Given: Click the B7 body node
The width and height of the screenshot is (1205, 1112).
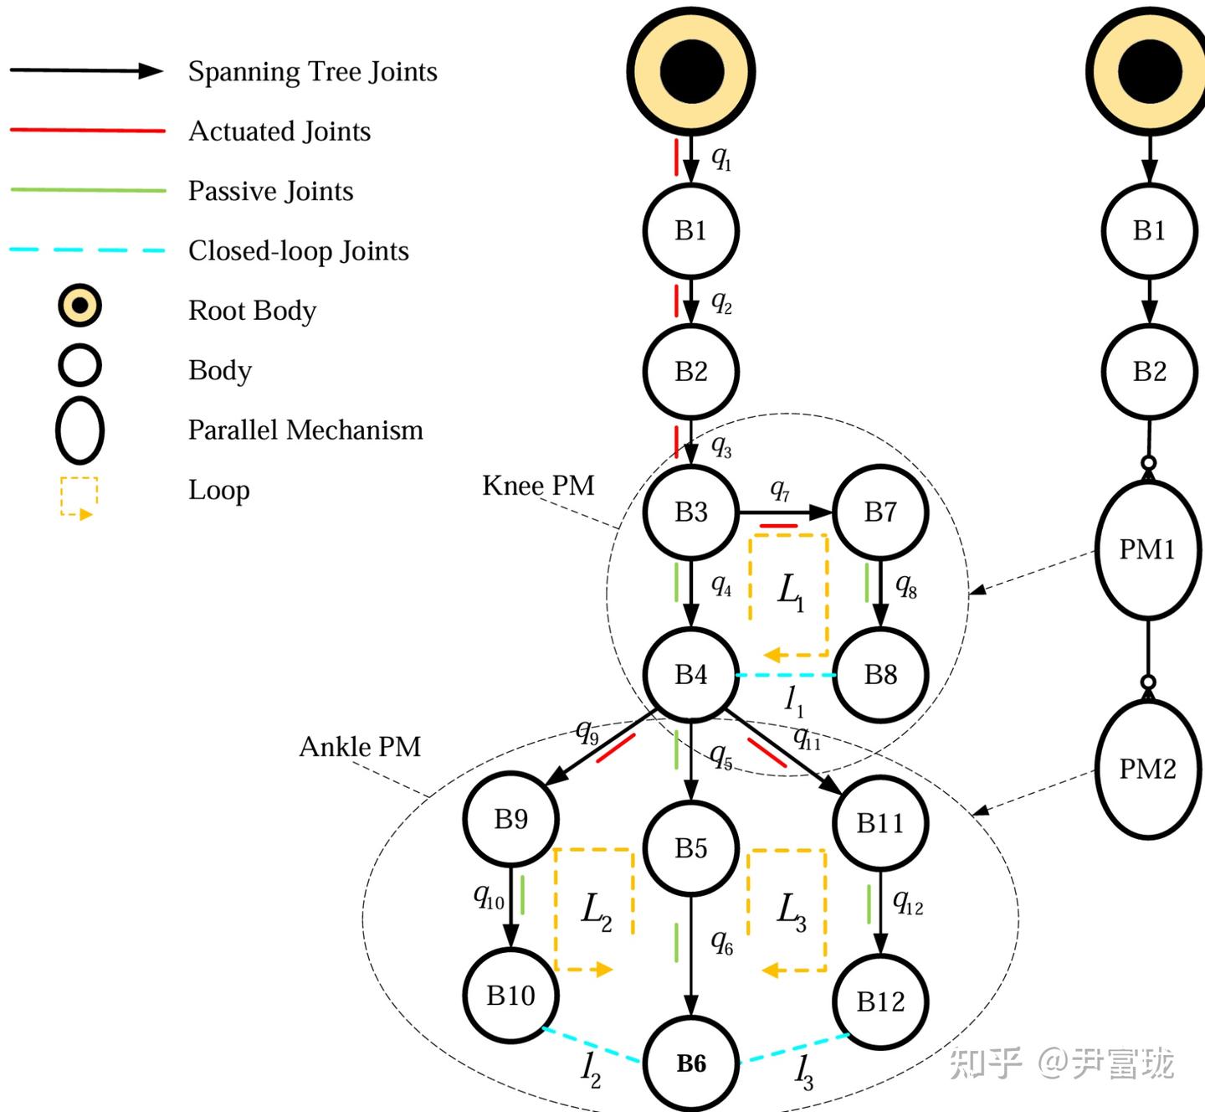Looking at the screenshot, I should pos(880,512).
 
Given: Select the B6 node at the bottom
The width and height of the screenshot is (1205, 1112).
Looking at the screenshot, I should pos(691,1063).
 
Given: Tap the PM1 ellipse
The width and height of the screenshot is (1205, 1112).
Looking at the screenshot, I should pos(1147,549).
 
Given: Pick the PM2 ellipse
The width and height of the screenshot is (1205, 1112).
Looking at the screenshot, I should pos(1147,769).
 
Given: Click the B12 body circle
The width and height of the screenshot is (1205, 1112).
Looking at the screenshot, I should pos(880,1001).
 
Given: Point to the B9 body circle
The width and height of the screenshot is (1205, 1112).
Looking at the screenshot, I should pos(510,818).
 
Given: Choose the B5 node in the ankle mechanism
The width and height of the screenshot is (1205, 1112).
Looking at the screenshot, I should pos(691,847).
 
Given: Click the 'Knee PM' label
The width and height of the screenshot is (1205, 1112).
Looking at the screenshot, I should pos(538,486).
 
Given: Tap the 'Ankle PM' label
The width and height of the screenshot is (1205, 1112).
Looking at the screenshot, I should pos(360,746).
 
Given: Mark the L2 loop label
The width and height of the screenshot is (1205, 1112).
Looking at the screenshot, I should pos(595,911).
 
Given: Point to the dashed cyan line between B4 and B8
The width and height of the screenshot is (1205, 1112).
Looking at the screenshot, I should pos(786,675).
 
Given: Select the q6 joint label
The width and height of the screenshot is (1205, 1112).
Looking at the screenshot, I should pos(721,943).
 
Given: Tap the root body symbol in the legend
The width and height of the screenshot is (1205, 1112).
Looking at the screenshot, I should pos(79,306).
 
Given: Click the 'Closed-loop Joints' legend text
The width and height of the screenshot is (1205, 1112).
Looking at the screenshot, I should pos(298,250).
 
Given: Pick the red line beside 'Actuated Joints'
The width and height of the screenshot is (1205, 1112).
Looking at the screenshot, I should pos(87,131).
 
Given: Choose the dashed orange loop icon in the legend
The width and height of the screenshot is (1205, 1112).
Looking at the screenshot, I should pos(79,497).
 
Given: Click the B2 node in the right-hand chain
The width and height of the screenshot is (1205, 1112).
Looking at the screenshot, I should pos(1149,371).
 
